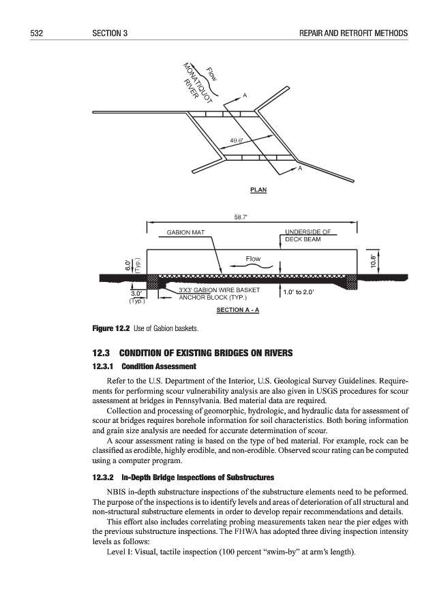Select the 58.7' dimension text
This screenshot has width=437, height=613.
tap(241, 219)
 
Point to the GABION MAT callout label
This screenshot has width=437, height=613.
tap(185, 233)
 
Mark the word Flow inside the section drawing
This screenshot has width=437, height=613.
tap(253, 259)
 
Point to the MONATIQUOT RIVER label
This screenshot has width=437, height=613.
tap(197, 84)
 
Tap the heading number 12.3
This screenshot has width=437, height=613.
tap(100, 353)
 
